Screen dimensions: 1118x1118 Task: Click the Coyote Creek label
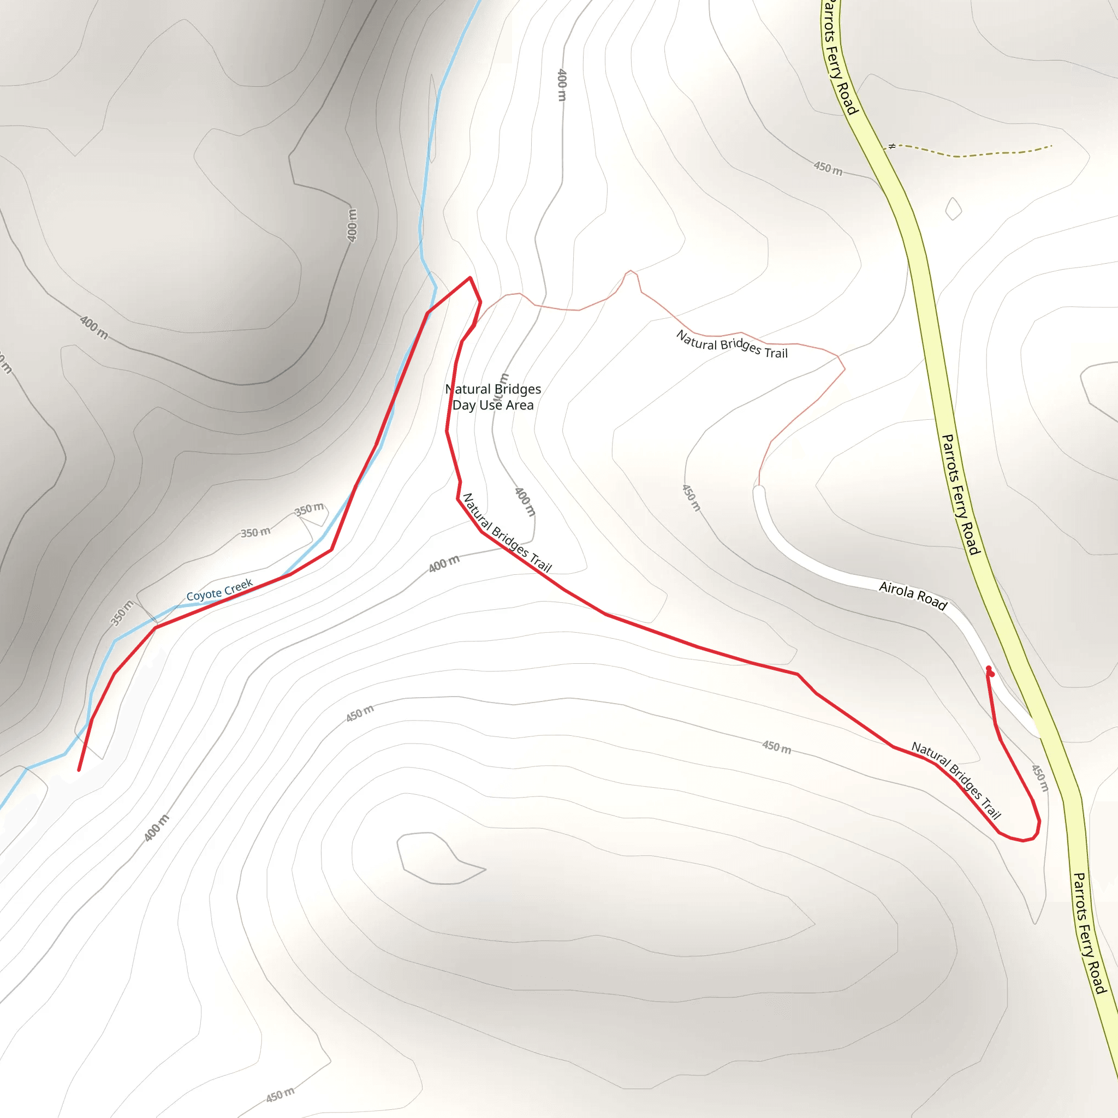219,590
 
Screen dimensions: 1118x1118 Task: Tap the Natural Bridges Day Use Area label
493,397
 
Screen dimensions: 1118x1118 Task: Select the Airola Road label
913,596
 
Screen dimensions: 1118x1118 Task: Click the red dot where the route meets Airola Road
990,671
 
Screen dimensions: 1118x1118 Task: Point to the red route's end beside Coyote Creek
79,770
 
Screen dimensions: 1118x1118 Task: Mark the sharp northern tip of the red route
470,278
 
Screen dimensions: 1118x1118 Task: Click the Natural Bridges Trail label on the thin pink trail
732,344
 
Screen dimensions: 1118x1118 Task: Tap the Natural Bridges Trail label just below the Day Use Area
507,532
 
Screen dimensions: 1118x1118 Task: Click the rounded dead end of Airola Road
759,491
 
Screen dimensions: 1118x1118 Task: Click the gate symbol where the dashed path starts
892,146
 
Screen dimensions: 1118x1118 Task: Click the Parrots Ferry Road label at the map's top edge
840,58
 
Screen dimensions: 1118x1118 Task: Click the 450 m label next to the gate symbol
828,168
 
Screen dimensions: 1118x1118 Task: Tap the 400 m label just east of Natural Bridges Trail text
525,501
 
